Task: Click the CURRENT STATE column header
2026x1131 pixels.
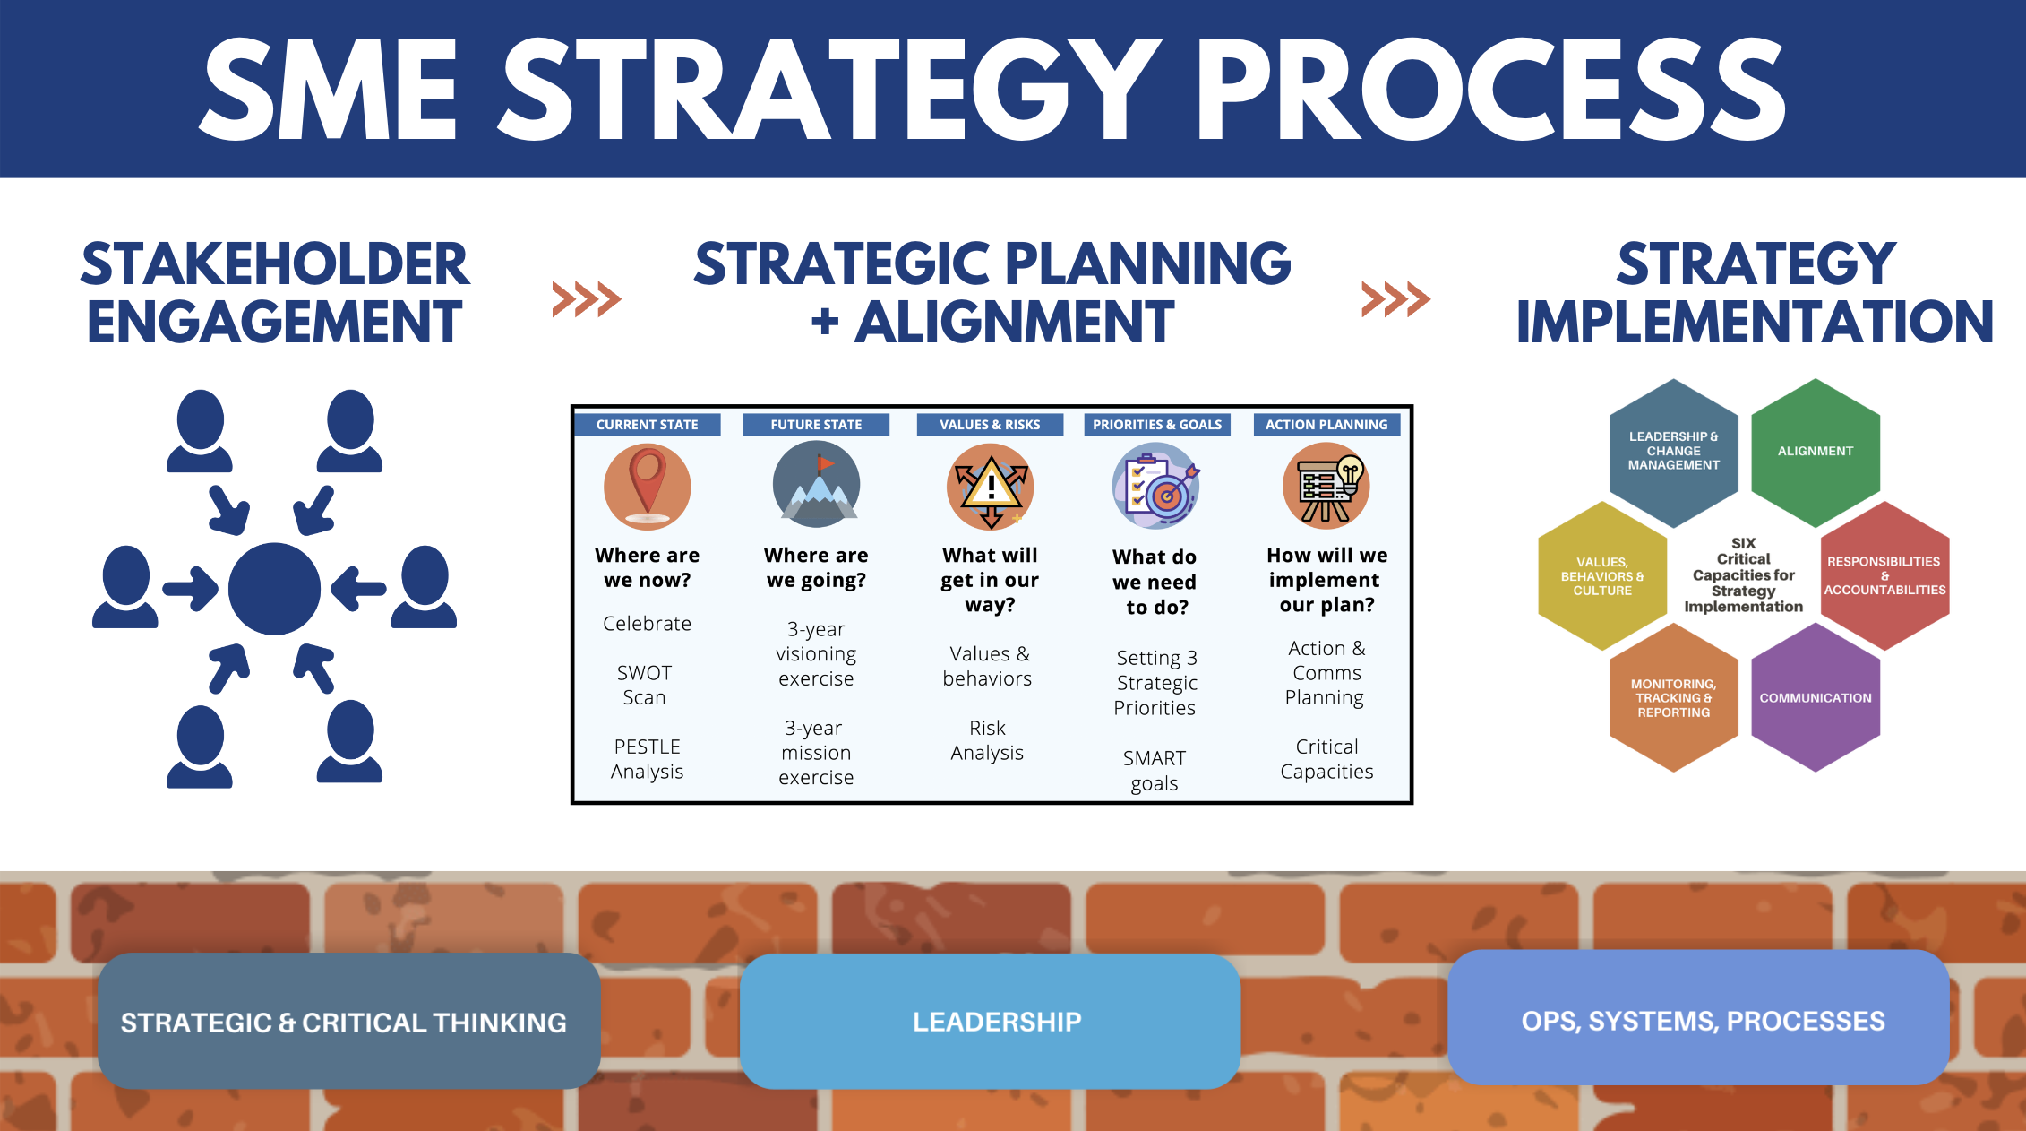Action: pyautogui.click(x=647, y=425)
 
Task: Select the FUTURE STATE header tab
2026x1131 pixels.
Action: pyautogui.click(x=816, y=425)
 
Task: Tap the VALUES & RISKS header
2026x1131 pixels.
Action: pyautogui.click(x=990, y=425)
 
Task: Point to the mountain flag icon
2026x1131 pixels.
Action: pyautogui.click(x=817, y=485)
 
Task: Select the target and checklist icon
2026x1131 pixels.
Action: pyautogui.click(x=1156, y=486)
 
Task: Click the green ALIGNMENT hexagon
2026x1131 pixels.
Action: pyautogui.click(x=1816, y=452)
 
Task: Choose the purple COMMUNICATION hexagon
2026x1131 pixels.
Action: pyautogui.click(x=1816, y=697)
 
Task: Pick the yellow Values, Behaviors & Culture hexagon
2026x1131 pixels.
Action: pyautogui.click(x=1602, y=575)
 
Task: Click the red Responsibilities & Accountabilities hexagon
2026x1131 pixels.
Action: pyautogui.click(x=1885, y=575)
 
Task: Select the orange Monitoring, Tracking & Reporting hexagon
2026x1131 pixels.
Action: pyautogui.click(x=1674, y=697)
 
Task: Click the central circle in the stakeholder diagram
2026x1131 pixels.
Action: pyautogui.click(x=274, y=589)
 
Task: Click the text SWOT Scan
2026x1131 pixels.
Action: pyautogui.click(x=645, y=685)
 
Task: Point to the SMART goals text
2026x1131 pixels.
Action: pyautogui.click(x=1155, y=771)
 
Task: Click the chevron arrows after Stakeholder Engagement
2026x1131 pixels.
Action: pyautogui.click(x=587, y=299)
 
